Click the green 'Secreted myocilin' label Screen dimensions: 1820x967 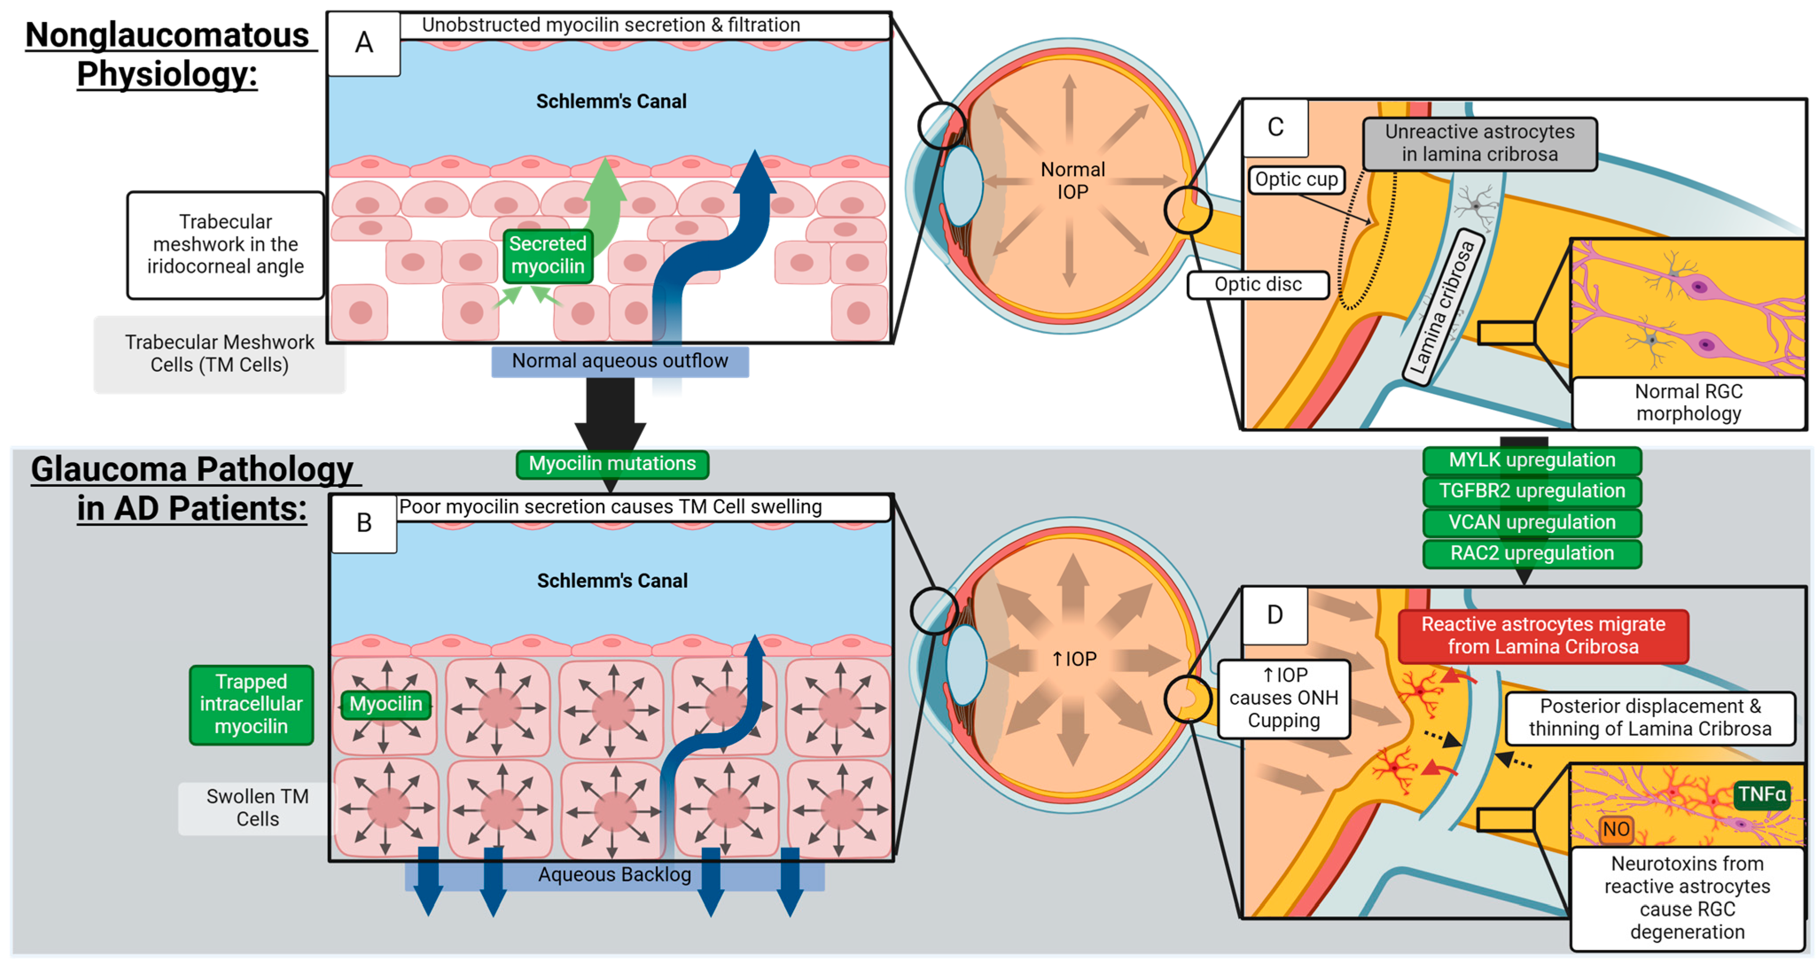click(x=548, y=256)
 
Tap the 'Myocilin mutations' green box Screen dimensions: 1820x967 click(x=612, y=464)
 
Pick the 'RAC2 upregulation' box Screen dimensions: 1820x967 click(x=1532, y=554)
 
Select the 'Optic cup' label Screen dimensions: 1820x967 click(x=1297, y=179)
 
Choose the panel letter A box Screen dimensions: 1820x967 click(x=364, y=43)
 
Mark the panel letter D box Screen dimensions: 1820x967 click(x=1274, y=615)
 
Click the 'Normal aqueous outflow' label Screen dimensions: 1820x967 click(x=620, y=361)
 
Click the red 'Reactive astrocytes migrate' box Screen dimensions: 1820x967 click(x=1543, y=636)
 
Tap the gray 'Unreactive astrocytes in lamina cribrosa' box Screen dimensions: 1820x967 click(x=1480, y=144)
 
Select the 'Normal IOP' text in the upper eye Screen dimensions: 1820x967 click(x=1072, y=181)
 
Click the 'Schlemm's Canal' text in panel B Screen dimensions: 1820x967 click(x=612, y=581)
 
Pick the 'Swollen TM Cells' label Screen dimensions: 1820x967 click(x=257, y=808)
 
